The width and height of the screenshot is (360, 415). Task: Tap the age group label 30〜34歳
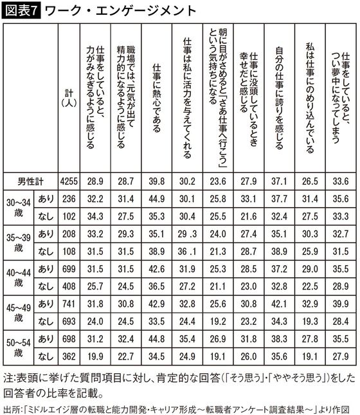coord(15,208)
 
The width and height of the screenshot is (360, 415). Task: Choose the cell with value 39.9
coord(340,302)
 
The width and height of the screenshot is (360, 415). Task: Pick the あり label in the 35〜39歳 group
coord(46,234)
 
